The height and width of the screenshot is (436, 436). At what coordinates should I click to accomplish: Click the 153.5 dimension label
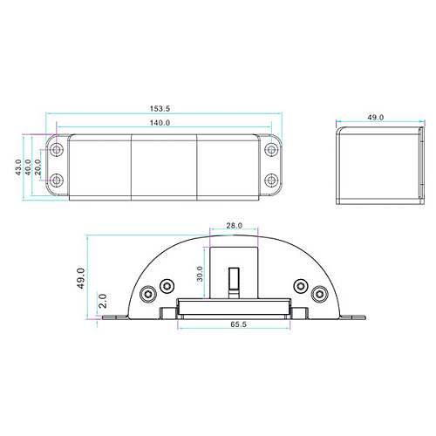point(160,109)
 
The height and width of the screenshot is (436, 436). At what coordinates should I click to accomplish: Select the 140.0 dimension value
point(160,123)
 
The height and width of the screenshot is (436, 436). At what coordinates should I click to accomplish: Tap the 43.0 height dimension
point(18,167)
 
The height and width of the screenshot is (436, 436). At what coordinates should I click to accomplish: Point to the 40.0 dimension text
point(28,167)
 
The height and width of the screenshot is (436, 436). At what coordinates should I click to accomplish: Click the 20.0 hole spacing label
point(37,167)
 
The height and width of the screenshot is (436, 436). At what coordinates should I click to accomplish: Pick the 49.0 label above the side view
point(375,118)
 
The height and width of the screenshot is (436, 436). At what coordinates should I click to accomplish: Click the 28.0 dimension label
point(235,225)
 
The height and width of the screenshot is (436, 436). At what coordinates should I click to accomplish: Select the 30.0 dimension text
point(200,274)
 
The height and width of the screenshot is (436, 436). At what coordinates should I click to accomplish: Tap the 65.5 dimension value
point(238,324)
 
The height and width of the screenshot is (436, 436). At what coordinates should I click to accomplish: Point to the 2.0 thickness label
point(103,301)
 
